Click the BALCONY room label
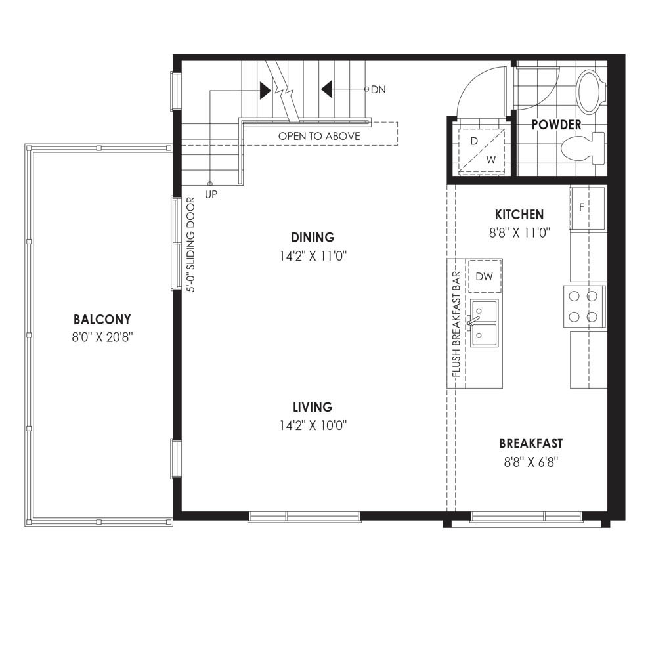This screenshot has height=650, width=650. pos(102,319)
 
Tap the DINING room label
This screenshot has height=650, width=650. pos(313,237)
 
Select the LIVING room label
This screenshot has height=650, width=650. pos(313,407)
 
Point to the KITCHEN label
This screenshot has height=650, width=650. pos(519,214)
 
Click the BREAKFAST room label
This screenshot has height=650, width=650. pos(531,444)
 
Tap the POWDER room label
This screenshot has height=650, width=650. pos(556,124)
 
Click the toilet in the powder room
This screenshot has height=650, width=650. pos(582,148)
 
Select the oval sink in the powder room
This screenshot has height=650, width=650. pos(589,92)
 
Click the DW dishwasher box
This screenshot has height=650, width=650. pos(485,276)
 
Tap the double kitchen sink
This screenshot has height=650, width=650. pos(484,323)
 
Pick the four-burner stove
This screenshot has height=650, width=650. pos(584,307)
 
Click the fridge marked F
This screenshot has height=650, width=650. pos(586,207)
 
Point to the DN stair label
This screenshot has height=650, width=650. pos(378,89)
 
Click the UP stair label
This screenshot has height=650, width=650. pos(211,194)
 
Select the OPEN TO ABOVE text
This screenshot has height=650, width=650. pos(319,136)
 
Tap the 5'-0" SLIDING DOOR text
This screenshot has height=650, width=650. pos(190,245)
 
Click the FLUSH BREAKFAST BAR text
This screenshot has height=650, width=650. pos(456,324)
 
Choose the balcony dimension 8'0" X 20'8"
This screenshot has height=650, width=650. pos(102,337)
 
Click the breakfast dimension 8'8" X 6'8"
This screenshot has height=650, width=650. pos(531,462)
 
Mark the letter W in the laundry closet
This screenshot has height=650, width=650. pos(491,160)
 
